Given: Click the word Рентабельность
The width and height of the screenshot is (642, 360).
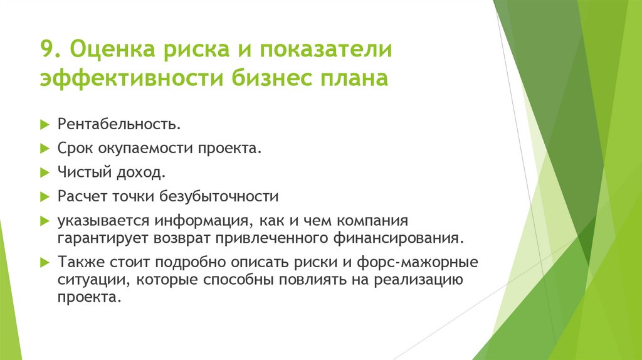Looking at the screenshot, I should tap(119, 124).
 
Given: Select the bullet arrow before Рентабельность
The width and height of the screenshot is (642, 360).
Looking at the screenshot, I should tap(45, 124).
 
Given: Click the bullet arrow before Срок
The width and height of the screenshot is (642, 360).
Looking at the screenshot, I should tap(45, 149).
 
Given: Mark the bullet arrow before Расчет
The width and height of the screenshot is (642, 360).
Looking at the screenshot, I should tap(45, 197).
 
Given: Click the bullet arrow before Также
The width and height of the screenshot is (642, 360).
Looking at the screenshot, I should tap(45, 262).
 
